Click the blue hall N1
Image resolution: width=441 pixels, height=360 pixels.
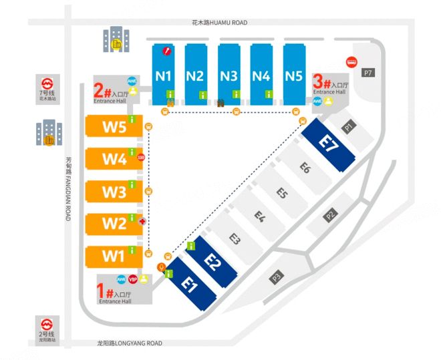pyautogui.click(x=164, y=75)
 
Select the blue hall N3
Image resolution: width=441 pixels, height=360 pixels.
pyautogui.click(x=229, y=75)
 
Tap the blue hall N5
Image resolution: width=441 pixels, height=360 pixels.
pyautogui.click(x=293, y=75)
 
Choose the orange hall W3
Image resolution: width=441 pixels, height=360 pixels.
pyautogui.click(x=114, y=192)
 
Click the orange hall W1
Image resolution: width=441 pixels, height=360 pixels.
pyautogui.click(x=114, y=255)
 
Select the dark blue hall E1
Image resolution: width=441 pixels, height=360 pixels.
pyautogui.click(x=190, y=283)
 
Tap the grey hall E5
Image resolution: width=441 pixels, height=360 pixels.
pyautogui.click(x=282, y=193)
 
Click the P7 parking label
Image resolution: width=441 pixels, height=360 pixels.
pyautogui.click(x=367, y=71)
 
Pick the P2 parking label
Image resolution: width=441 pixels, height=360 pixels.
pyautogui.click(x=331, y=215)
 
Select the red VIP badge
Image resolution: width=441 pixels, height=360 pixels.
pyautogui.click(x=132, y=279)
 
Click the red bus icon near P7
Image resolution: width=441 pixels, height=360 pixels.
pyautogui.click(x=350, y=62)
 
